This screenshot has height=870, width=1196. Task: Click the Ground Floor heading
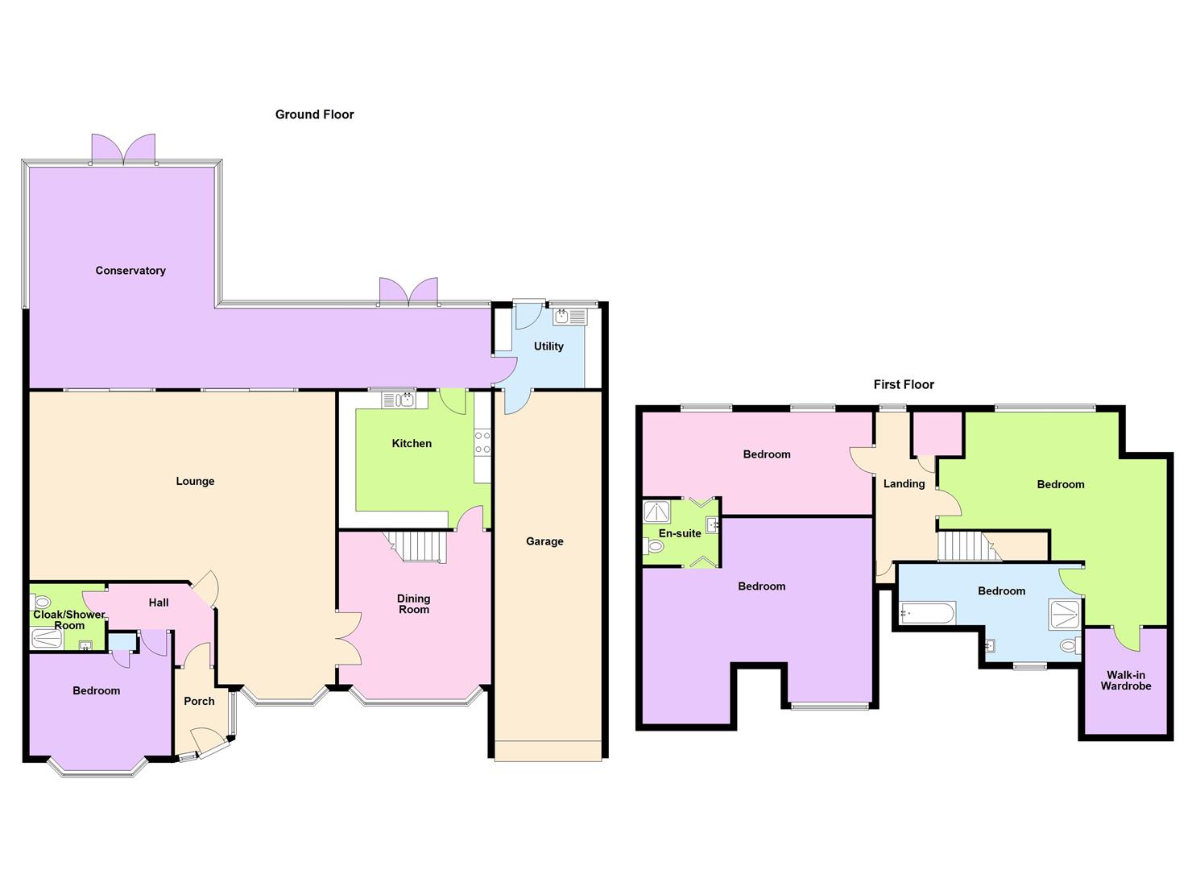pos(314,114)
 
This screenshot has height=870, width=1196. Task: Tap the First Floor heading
pos(904,384)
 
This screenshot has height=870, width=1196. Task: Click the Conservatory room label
pos(130,271)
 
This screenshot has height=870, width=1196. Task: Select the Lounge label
pos(195,481)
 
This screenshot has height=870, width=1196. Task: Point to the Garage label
pos(544,541)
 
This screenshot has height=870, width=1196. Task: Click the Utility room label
pos(548,346)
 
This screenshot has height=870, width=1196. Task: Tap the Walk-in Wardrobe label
pos(1126,681)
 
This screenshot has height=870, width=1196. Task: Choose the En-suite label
pos(680,533)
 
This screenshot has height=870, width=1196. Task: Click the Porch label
pos(199,701)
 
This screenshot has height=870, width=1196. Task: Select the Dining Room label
pos(413,604)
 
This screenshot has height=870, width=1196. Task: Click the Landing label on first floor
pos(904,483)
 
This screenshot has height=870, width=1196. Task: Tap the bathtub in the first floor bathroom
pos(928,614)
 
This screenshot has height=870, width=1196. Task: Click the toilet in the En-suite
pos(654,547)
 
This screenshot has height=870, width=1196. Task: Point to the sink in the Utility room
pos(570,317)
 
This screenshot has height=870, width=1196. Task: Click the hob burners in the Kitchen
pos(482,442)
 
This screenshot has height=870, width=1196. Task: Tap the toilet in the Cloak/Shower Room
pos(41,602)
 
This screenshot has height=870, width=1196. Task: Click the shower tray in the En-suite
pos(657,512)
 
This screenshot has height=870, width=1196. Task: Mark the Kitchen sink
pos(399,400)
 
